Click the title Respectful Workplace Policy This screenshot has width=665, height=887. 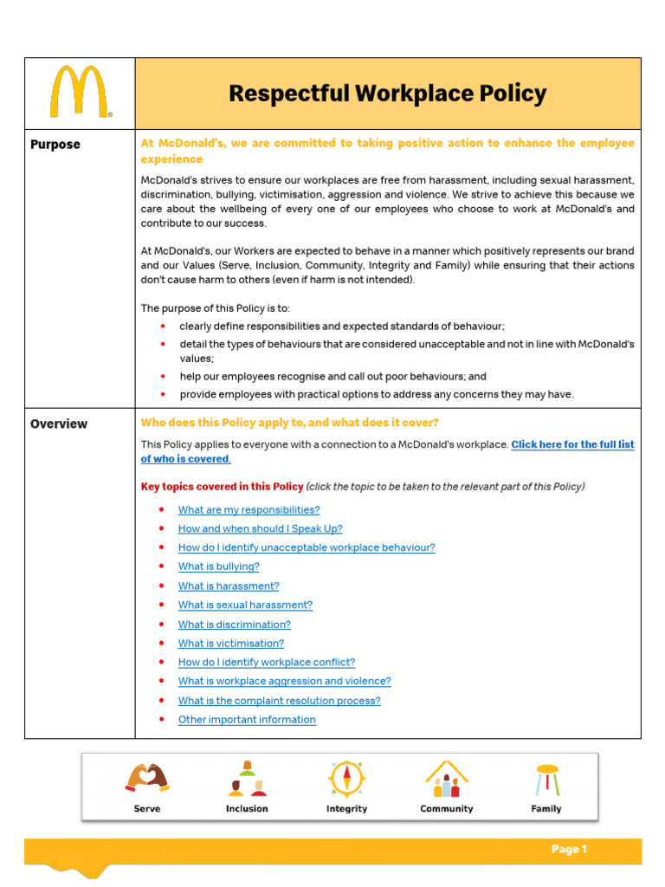[387, 94]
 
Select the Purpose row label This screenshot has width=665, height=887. [55, 145]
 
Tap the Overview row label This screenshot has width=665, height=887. [59, 424]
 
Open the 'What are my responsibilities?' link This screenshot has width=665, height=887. [249, 510]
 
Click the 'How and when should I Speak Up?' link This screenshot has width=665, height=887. [260, 528]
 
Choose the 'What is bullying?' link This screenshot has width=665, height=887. [218, 567]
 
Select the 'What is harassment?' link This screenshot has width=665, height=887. [229, 586]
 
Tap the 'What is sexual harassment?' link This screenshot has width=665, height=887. [245, 605]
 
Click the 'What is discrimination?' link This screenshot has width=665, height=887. [234, 625]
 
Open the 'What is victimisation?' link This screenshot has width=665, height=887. [230, 644]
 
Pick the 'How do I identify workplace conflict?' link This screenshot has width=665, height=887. [266, 663]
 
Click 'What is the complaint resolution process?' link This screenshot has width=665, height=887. [279, 701]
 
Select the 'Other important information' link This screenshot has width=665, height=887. [247, 720]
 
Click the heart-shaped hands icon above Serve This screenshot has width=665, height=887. [147, 778]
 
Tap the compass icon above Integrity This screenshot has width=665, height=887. [345, 778]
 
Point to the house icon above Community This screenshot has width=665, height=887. [446, 779]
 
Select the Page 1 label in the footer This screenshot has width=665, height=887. [569, 850]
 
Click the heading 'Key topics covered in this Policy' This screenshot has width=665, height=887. [222, 486]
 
